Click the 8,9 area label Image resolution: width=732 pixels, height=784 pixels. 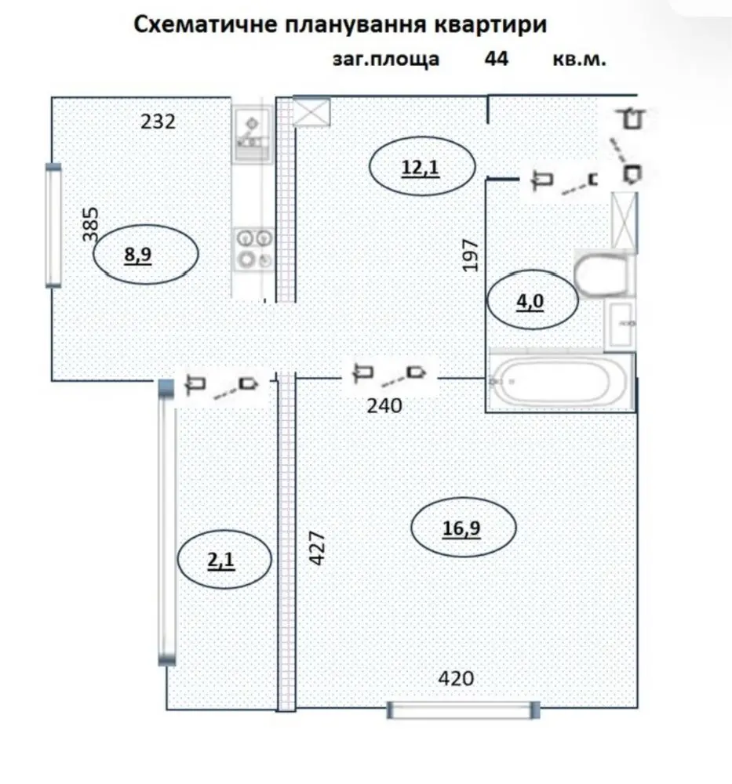(x=137, y=255)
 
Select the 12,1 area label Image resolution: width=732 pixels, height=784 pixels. (x=421, y=167)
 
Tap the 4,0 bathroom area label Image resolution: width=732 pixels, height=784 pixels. (x=530, y=302)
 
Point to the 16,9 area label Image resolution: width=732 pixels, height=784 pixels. (x=461, y=528)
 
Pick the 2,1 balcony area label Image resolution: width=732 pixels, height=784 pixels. (x=220, y=560)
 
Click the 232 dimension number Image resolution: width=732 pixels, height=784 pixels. (x=158, y=122)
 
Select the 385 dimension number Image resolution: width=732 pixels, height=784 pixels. (x=90, y=224)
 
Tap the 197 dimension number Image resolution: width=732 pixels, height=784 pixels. (x=470, y=256)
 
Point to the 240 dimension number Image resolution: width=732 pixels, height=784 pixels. (x=384, y=406)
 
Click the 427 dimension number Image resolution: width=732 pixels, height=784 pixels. (x=317, y=547)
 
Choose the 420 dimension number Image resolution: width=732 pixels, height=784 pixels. (x=456, y=678)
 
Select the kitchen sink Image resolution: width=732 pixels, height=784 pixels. (x=252, y=133)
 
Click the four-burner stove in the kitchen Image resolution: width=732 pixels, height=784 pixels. (x=254, y=249)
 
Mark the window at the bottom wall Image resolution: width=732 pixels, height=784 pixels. (x=464, y=710)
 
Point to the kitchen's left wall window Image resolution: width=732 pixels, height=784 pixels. (x=53, y=226)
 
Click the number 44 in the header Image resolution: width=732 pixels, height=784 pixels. (x=497, y=59)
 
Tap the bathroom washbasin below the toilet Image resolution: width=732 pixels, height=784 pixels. (x=620, y=325)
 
